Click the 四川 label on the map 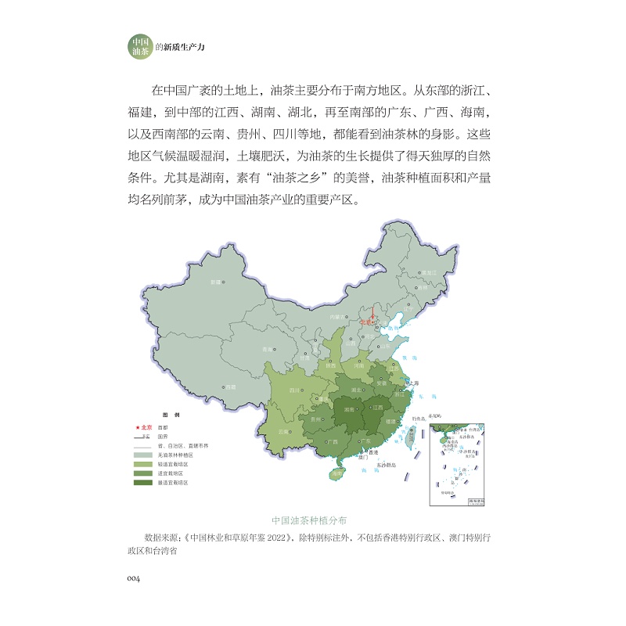[296, 389]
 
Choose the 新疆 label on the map [215, 281]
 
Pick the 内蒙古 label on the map [337, 317]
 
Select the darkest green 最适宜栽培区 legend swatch [142, 483]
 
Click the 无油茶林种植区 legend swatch [142, 455]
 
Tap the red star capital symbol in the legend [138, 427]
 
